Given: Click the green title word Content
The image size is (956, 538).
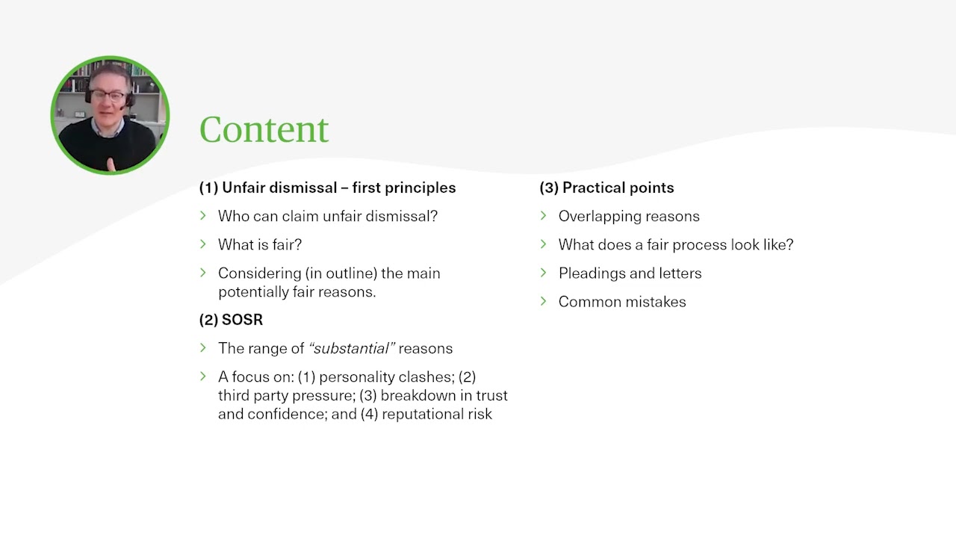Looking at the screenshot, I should coord(264,130).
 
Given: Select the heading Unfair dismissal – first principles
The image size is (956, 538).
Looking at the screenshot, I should coord(338,188).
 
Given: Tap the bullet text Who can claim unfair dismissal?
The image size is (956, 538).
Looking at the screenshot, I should coord(328,216).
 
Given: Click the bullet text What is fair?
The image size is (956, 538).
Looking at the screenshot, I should coord(260,244).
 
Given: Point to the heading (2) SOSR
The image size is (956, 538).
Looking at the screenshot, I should coord(231,320).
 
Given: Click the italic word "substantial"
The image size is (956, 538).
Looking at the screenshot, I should coord(352,348).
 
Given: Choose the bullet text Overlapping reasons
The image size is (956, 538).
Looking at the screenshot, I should coord(629,216).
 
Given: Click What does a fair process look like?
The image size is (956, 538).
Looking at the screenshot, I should coord(676,244).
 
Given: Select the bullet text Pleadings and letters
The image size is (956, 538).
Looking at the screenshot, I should coord(630,273).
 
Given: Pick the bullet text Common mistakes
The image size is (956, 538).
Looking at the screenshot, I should coord(622,302).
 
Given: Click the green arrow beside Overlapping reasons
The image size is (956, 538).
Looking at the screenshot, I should coord(544,216).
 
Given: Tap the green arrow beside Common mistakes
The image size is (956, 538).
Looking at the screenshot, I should coord(544,301).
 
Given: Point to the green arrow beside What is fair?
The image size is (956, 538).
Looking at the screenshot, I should coord(203,244).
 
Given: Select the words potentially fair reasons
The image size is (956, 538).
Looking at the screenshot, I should coord(297,292).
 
